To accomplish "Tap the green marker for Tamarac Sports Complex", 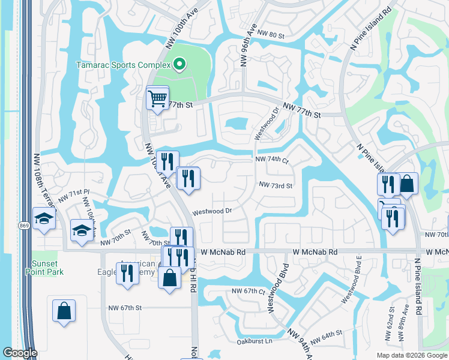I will [178, 64].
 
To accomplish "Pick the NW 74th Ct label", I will [272, 160].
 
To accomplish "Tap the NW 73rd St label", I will [276, 186].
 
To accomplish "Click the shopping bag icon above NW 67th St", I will [64, 311].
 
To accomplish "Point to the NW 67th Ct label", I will [249, 291].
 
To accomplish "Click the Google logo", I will [20, 353].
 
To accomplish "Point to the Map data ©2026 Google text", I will [411, 355].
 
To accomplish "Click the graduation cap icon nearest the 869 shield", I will [44, 218].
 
